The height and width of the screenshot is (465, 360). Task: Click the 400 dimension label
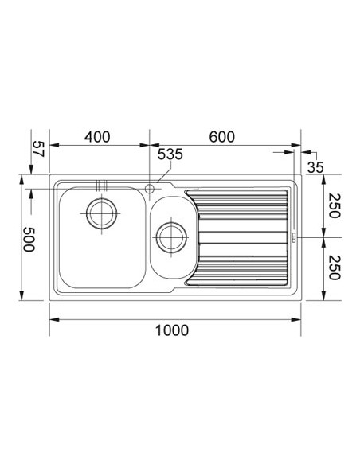96,137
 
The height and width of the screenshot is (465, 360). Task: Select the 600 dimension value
221,137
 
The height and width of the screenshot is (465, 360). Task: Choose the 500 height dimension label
29,238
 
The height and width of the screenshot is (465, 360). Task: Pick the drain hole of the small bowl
170,236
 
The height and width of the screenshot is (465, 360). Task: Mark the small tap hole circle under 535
150,188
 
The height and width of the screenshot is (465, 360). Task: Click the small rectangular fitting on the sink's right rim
293,236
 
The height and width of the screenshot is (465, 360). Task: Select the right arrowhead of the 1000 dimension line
297,319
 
